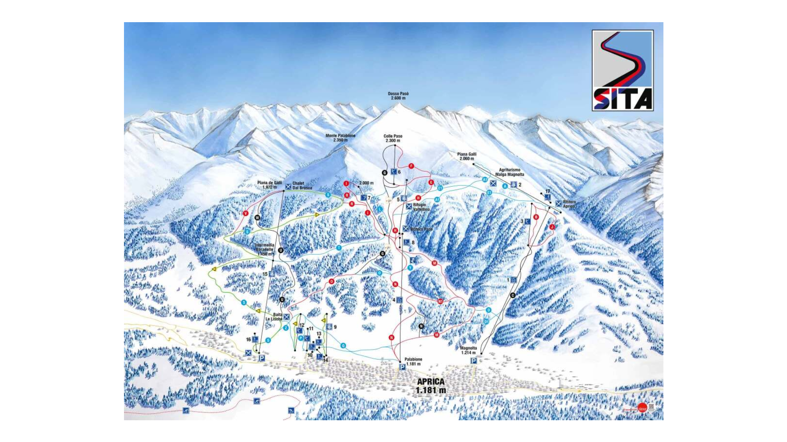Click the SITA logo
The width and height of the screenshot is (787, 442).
pyautogui.click(x=622, y=70)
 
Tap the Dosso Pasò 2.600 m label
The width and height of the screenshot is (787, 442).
pyautogui.click(x=398, y=96)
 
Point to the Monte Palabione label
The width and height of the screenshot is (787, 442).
pyautogui.click(x=340, y=138)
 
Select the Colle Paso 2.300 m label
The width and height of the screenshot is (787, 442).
pyautogui.click(x=393, y=138)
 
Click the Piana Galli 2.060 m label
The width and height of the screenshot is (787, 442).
pyautogui.click(x=467, y=156)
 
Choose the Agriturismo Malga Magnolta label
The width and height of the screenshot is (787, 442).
pyautogui.click(x=509, y=172)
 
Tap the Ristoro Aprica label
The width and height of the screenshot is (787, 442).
pyautogui.click(x=569, y=204)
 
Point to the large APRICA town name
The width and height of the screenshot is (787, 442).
pyautogui.click(x=431, y=385)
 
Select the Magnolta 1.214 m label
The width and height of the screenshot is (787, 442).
pyautogui.click(x=468, y=350)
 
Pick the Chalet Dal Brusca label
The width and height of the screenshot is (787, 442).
pyautogui.click(x=302, y=186)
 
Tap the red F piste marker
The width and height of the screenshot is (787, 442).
pyautogui.click(x=411, y=166)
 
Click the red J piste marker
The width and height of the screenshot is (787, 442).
pyautogui.click(x=552, y=227)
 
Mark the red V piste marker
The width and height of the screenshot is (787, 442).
pyautogui.click(x=246, y=213)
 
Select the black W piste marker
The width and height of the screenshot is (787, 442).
pyautogui.click(x=257, y=218)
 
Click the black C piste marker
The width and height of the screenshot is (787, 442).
pyautogui.click(x=512, y=295)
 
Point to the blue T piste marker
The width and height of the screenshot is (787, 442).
pyautogui.click(x=339, y=248)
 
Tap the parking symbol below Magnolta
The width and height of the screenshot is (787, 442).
pyautogui.click(x=473, y=360)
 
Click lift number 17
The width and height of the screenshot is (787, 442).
pyautogui.click(x=548, y=191)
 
